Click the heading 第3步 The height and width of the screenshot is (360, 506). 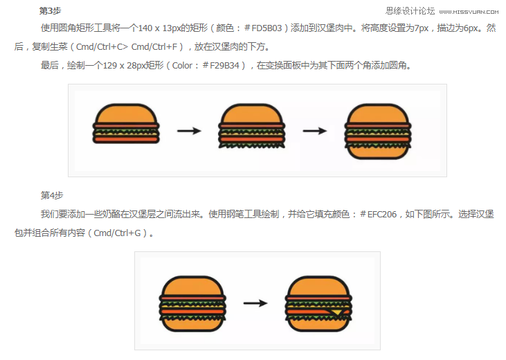[50, 11]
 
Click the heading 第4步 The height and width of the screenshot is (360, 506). [53, 195]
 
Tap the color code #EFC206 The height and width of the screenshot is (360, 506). [379, 215]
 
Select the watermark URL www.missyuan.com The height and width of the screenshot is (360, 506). [469, 12]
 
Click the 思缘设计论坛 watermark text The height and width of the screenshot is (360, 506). [410, 11]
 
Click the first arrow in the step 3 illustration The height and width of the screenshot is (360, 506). [188, 130]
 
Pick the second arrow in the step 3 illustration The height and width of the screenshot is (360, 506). [315, 130]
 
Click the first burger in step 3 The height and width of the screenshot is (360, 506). [127, 127]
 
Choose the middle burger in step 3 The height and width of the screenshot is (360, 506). [252, 127]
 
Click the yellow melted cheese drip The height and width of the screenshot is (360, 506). [336, 313]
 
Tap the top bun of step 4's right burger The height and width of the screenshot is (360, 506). [320, 286]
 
